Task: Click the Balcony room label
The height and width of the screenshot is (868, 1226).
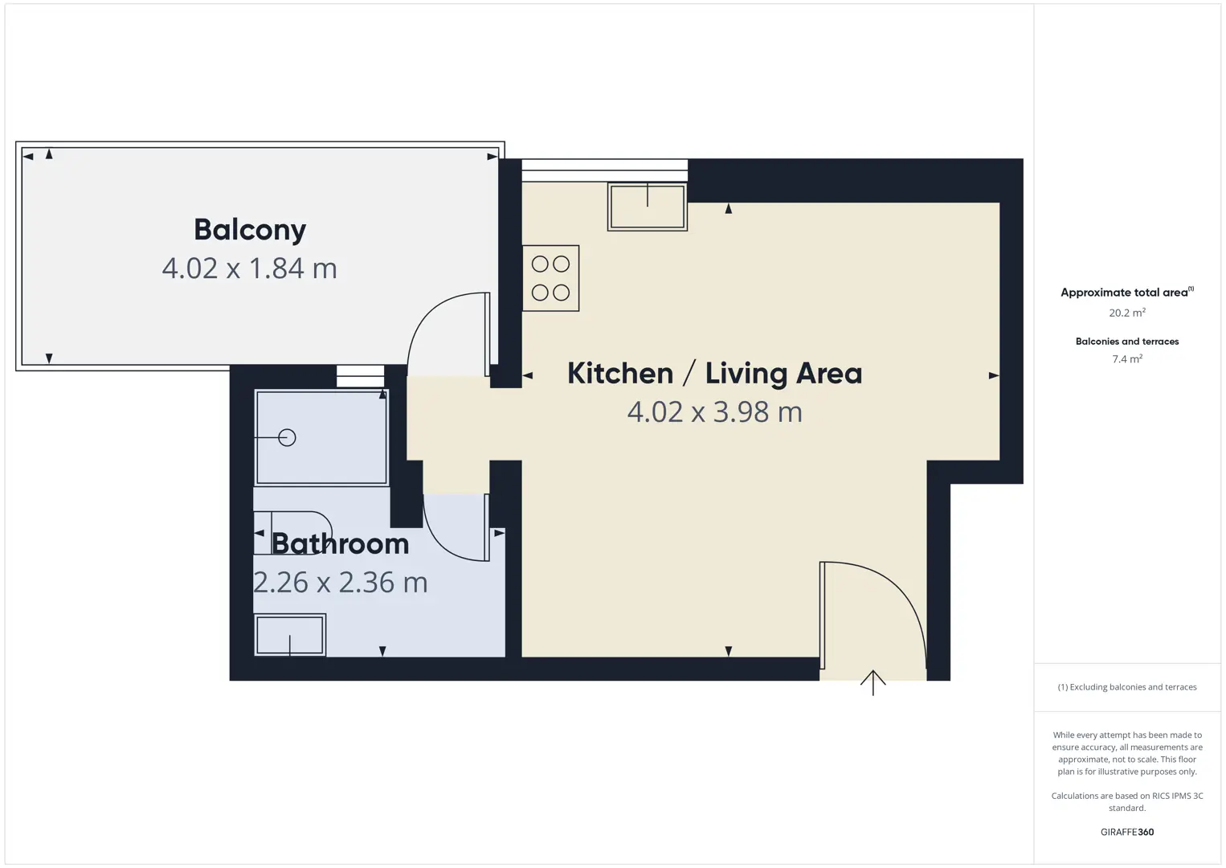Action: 250,230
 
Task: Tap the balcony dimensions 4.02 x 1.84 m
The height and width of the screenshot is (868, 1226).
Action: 250,268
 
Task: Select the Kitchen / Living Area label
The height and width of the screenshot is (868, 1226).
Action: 715,374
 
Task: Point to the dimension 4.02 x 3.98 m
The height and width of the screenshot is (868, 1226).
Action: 715,411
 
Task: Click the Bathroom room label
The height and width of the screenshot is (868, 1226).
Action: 341,544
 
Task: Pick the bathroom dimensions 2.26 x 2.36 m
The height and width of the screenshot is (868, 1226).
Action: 341,582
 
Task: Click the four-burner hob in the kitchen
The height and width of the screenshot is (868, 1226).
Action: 550,278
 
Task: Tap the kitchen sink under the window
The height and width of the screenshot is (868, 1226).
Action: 648,207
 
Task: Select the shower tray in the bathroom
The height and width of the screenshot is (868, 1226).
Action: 322,437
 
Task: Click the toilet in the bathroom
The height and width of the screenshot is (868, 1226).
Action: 293,533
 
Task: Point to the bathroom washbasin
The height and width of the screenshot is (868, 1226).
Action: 290,635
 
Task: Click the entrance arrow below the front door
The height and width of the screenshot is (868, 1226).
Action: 873,682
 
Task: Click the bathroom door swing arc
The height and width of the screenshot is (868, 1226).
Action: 441,543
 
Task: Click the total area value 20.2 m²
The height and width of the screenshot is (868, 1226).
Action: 1127,312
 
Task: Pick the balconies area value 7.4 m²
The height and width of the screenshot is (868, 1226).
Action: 1127,358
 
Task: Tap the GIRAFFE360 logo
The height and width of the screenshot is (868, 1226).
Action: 1127,832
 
